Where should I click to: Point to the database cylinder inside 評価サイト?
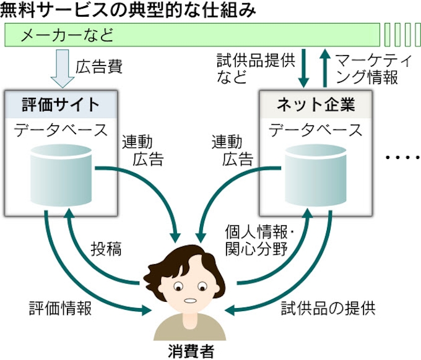click(61, 174)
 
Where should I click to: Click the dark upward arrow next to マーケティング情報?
click(324, 69)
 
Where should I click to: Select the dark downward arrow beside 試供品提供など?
click(303, 69)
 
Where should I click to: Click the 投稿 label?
click(106, 249)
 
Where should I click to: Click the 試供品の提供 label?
click(328, 307)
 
